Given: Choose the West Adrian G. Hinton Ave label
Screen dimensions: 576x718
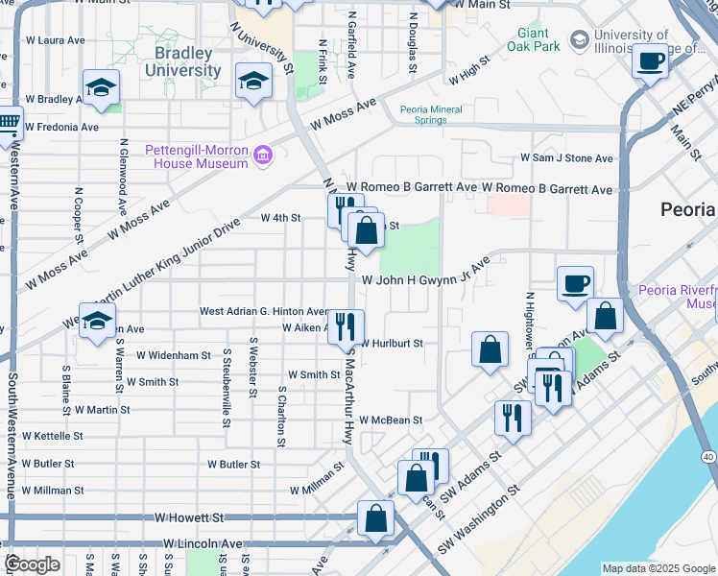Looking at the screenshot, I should tap(264, 311).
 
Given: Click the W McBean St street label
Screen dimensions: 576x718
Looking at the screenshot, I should tap(391, 420).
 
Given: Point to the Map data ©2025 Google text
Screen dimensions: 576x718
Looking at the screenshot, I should tap(658, 568).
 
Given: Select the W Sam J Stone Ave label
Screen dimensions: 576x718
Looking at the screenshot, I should tap(566, 158).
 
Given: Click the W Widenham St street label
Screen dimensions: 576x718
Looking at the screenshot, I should tap(173, 355).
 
